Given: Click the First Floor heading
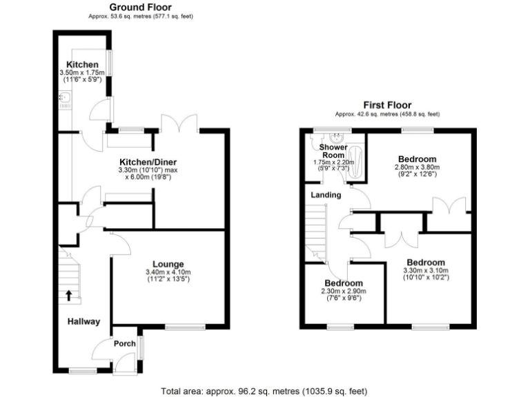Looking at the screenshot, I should pos(387,105).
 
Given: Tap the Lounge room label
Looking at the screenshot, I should pos(168,264).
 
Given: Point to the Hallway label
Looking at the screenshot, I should pos(84,321).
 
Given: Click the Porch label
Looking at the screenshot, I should pos(124,344).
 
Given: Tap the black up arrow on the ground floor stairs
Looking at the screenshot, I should pos(69,295).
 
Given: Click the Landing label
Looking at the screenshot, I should pos(326,195).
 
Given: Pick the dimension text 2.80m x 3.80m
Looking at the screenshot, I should pos(417,167).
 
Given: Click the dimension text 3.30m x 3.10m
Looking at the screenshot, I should pos(426,271).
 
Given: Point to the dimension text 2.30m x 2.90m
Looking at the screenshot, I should pos(344,292).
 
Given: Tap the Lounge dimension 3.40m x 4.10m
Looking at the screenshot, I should pos(168,272).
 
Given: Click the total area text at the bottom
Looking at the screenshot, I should pos(262,390).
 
